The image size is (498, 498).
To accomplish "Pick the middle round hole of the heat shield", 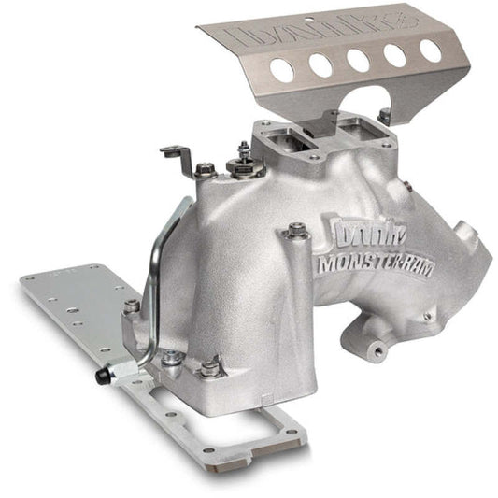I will click(357, 58).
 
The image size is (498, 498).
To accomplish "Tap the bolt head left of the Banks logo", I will click(297, 228).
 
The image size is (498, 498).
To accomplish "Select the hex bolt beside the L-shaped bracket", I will click(206, 169).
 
